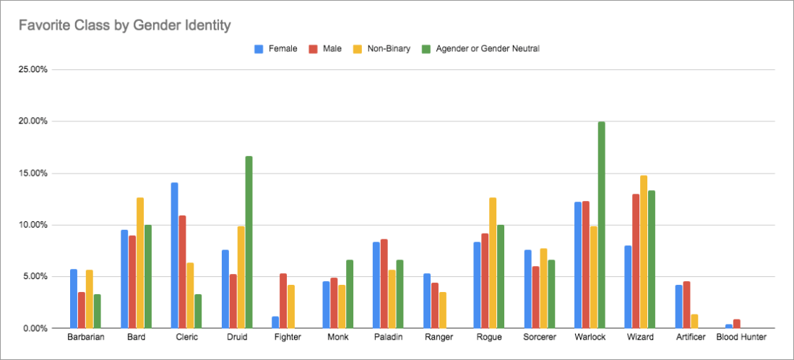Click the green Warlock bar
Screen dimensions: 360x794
coord(601,225)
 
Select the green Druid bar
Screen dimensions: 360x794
coord(249,242)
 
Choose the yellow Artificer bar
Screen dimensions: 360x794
coord(694,321)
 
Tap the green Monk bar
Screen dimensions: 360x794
coord(350,293)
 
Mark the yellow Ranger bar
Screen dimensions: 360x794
coord(442,310)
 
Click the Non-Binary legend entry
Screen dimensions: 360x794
coord(384,48)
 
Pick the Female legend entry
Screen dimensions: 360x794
coord(277,48)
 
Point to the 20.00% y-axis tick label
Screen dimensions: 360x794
coord(33,121)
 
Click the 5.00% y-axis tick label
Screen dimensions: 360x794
coord(35,276)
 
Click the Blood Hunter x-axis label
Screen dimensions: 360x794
coord(741,338)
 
